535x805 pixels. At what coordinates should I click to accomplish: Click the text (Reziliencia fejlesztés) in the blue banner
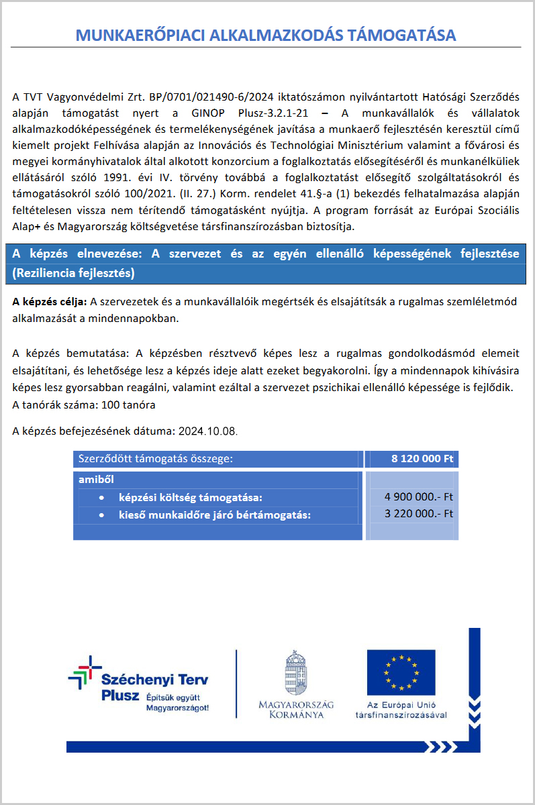pyautogui.click(x=74, y=273)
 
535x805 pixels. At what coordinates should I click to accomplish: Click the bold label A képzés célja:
pyautogui.click(x=50, y=303)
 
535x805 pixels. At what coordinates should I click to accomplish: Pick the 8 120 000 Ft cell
pyautogui.click(x=423, y=460)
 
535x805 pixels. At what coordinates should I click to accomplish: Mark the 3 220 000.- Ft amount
pyautogui.click(x=419, y=514)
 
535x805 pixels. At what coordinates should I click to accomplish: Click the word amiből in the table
pyautogui.click(x=96, y=480)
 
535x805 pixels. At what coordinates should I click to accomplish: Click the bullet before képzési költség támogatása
pyautogui.click(x=101, y=498)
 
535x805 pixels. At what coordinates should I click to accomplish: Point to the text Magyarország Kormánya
pyautogui.click(x=295, y=709)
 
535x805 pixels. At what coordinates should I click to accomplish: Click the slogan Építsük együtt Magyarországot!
pyautogui.click(x=177, y=703)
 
